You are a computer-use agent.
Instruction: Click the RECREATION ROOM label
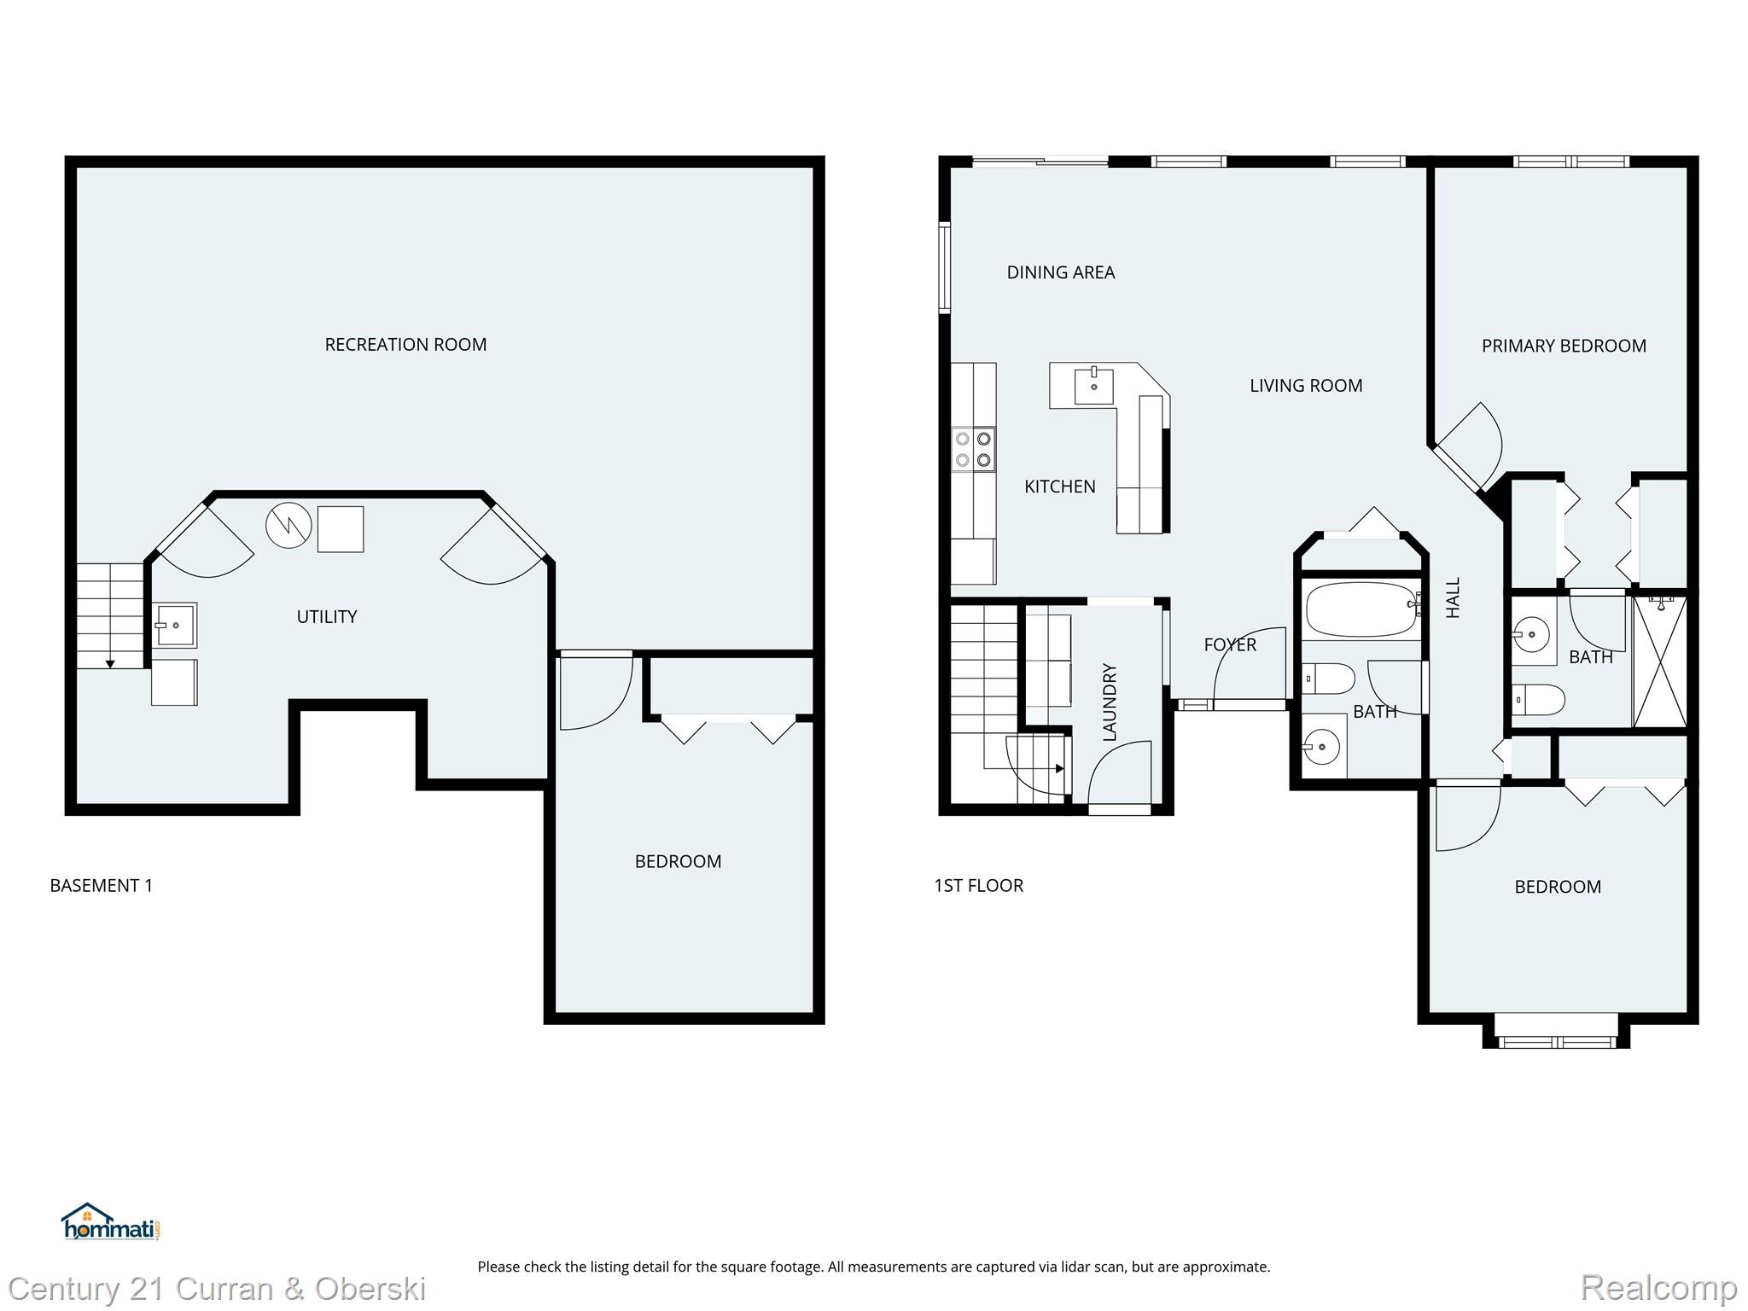pyautogui.click(x=405, y=345)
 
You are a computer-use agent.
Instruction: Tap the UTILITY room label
pyautogui.click(x=326, y=617)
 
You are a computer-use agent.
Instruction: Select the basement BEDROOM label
pyautogui.click(x=678, y=862)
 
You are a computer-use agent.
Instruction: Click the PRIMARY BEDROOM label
pyautogui.click(x=1564, y=347)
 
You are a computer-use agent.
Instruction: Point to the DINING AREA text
pyautogui.click(x=1060, y=273)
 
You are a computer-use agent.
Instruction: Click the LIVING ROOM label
pyautogui.click(x=1305, y=386)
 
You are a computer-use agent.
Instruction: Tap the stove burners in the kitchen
pyautogui.click(x=973, y=450)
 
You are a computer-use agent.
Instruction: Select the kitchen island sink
pyautogui.click(x=1093, y=385)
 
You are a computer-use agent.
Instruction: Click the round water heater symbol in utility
pyautogui.click(x=288, y=526)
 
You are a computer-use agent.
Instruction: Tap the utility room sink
pyautogui.click(x=175, y=625)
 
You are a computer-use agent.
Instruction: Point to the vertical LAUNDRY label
pyautogui.click(x=1110, y=702)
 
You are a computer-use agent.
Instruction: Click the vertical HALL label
pyautogui.click(x=1454, y=597)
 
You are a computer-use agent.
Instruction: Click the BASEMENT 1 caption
pyautogui.click(x=101, y=886)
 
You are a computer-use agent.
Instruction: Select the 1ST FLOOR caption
pyautogui.click(x=978, y=886)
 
